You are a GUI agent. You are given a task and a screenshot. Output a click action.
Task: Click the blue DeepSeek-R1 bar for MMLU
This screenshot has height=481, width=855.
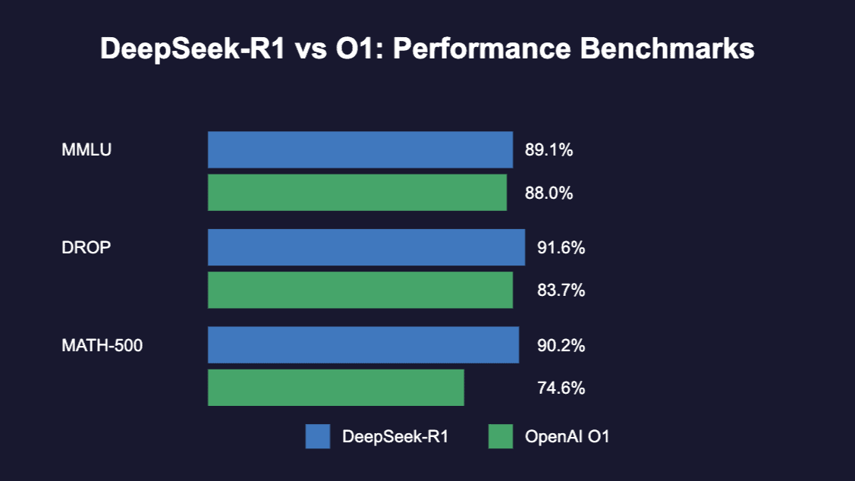coord(360,149)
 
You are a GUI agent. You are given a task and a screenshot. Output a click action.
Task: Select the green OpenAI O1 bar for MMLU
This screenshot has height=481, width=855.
coord(357,193)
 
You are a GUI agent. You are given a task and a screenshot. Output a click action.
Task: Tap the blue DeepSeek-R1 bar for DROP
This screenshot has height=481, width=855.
coord(366,247)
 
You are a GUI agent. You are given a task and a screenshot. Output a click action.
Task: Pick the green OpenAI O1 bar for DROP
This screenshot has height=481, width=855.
coord(360,290)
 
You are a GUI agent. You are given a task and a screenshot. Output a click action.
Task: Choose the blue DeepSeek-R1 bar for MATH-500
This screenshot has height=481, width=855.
coord(363,345)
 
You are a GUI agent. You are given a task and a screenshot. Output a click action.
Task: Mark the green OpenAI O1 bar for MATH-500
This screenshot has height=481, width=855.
coord(336,388)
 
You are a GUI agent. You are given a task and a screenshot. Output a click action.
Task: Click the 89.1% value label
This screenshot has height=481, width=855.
coord(549,150)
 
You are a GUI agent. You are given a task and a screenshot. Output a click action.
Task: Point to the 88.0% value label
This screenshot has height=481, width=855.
coord(549,193)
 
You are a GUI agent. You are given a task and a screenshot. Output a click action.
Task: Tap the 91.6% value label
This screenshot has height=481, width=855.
coord(561,248)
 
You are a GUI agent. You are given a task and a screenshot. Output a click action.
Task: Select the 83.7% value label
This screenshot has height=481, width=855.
coord(561,291)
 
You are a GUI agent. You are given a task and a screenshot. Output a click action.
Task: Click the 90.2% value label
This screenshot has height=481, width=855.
coord(561,346)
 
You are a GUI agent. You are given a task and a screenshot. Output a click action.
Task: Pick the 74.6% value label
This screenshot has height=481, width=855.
coord(561,388)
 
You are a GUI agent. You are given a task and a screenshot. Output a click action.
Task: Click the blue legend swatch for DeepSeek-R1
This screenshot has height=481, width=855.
coord(318,436)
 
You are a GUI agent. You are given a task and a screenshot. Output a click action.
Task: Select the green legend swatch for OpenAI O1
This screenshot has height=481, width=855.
coord(500,436)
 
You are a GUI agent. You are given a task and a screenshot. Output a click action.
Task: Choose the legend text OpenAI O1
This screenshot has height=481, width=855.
coord(567,437)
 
